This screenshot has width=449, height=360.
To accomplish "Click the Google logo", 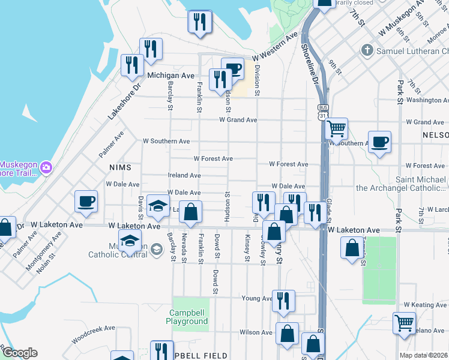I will (20, 353).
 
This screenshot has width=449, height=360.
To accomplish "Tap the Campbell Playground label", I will (187, 317).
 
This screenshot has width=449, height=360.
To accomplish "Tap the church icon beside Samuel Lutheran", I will (367, 51).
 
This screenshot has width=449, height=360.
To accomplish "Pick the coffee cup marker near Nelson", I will (379, 142).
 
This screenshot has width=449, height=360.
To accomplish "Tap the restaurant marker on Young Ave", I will (283, 301).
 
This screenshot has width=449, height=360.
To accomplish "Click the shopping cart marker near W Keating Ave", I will (405, 323).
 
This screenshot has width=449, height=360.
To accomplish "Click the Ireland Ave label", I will (184, 175).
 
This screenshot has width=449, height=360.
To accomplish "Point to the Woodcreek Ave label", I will (92, 329).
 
